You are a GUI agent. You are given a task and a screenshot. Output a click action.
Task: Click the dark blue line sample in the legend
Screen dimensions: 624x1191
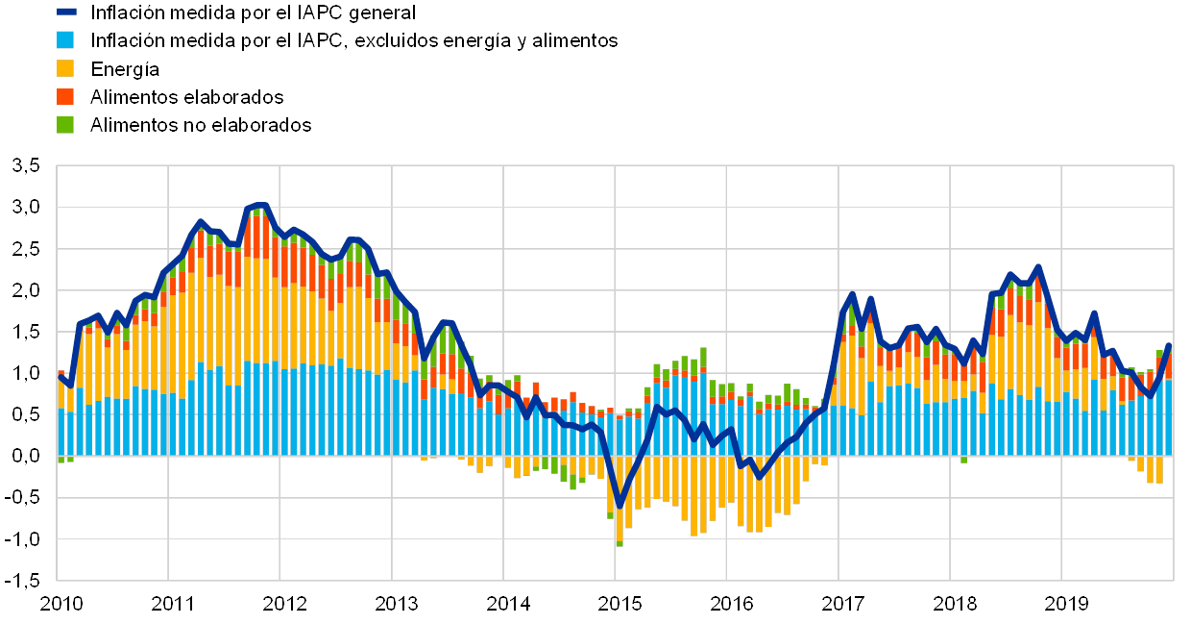click(x=66, y=12)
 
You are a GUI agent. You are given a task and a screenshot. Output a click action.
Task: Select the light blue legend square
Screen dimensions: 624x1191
click(x=66, y=40)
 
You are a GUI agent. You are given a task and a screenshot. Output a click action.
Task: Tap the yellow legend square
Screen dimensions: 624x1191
click(x=66, y=68)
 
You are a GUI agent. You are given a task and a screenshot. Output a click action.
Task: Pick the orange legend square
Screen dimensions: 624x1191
click(x=66, y=96)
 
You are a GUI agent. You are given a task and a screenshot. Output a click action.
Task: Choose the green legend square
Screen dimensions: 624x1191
click(x=66, y=124)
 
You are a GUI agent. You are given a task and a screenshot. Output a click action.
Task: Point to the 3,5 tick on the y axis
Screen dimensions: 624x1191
click(x=26, y=166)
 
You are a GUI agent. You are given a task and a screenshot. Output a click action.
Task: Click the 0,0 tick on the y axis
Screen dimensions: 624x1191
click(x=26, y=457)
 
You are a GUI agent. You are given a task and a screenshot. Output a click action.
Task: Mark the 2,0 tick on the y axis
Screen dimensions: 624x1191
click(x=26, y=290)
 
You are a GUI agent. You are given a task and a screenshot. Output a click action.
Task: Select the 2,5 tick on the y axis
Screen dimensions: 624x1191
click(x=26, y=249)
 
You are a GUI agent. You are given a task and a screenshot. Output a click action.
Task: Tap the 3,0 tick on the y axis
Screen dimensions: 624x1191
click(x=26, y=208)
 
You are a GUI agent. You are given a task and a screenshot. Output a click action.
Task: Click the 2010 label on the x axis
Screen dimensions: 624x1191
click(x=61, y=604)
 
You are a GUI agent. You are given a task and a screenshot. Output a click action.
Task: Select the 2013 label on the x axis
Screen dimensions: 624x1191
click(x=396, y=604)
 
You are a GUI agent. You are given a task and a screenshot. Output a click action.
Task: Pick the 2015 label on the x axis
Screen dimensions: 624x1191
click(x=619, y=604)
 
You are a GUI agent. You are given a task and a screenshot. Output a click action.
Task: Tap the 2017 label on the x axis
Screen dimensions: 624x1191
click(x=842, y=604)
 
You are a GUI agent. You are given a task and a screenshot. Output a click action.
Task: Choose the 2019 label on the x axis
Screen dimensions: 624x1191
click(x=1065, y=604)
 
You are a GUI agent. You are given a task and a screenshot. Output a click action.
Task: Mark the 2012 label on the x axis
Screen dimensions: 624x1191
click(x=284, y=604)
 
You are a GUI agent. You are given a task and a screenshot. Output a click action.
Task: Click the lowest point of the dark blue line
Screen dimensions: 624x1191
click(x=620, y=505)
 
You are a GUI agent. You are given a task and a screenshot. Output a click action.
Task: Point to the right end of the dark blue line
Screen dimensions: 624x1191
click(x=1169, y=344)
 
